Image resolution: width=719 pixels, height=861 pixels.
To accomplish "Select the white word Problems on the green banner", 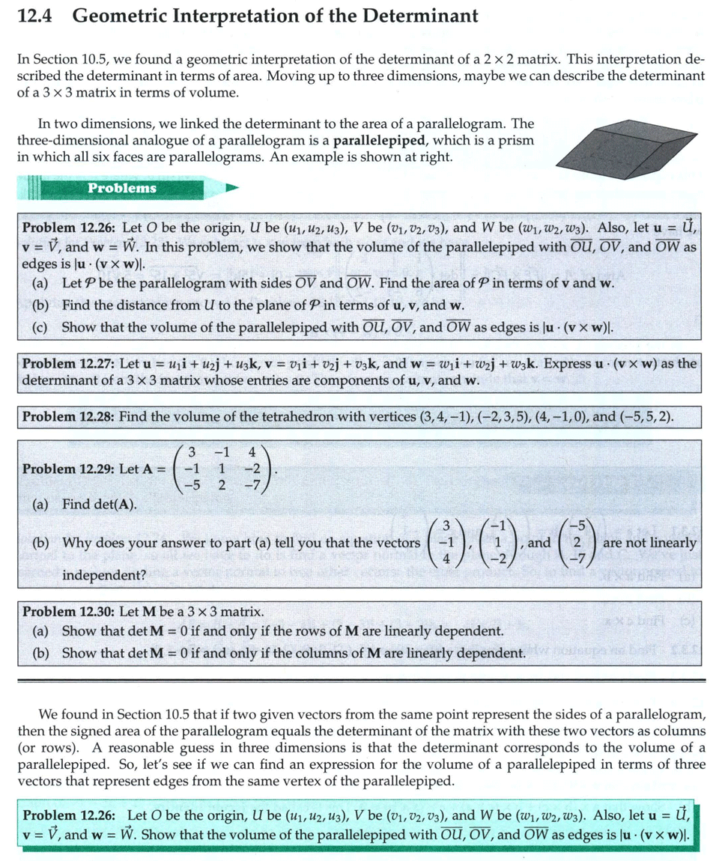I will click(x=122, y=188).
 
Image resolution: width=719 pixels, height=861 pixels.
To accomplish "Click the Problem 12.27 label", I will click(x=68, y=364).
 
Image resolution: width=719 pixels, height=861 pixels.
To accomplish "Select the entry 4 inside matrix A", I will click(x=252, y=451).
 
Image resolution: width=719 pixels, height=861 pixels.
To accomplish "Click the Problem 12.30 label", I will click(x=68, y=612).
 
